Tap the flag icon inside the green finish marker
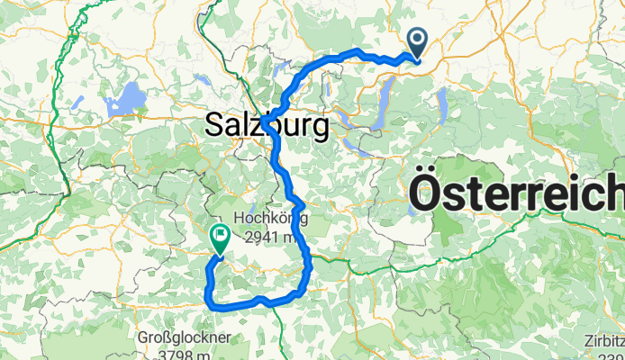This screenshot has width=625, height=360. click(x=220, y=235)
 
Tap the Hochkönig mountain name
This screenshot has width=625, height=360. click(x=269, y=219)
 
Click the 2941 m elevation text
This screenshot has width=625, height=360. click(x=269, y=238)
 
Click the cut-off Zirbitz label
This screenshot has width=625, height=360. click(x=604, y=339)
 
